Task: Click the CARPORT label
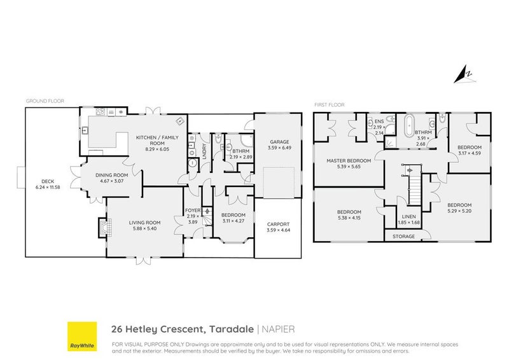click(278, 224)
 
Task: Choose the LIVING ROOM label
click(144, 222)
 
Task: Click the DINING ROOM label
click(112, 176)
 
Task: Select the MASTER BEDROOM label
click(347, 160)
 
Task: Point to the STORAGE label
click(403, 237)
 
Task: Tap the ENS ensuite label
click(379, 120)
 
